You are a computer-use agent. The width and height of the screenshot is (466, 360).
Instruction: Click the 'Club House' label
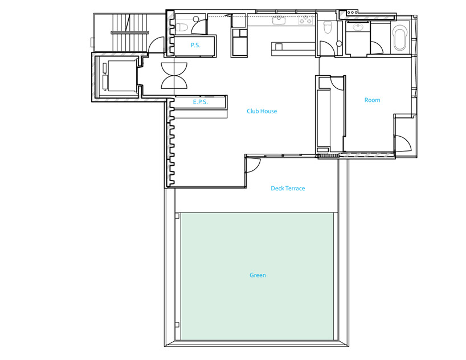(262, 111)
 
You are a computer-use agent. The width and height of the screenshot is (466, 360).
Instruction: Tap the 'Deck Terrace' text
(288, 188)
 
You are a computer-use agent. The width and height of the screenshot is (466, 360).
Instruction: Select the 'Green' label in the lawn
(257, 275)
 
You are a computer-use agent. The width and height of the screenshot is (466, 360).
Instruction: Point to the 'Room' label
(373, 100)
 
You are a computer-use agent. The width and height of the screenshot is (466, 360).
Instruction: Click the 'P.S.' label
(195, 45)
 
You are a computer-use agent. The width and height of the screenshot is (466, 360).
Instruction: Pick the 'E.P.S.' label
(201, 102)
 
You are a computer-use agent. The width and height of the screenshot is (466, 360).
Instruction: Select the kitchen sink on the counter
(279, 21)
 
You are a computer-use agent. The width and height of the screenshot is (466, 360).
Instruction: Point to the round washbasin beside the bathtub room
(358, 27)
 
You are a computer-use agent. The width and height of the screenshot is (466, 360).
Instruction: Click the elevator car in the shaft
(122, 76)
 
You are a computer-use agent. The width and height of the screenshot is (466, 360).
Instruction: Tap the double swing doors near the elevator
(174, 76)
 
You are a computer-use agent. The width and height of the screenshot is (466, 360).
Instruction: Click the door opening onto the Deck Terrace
(253, 165)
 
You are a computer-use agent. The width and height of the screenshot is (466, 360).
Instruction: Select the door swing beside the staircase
(156, 44)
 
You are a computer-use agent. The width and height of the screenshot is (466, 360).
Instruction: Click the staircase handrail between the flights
(130, 32)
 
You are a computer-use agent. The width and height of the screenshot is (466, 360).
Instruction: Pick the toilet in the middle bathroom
(327, 27)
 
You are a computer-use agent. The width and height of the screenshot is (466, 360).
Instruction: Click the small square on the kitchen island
(279, 47)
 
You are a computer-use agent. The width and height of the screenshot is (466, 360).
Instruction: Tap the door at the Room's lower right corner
(403, 144)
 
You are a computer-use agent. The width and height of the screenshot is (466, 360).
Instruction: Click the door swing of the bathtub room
(377, 48)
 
